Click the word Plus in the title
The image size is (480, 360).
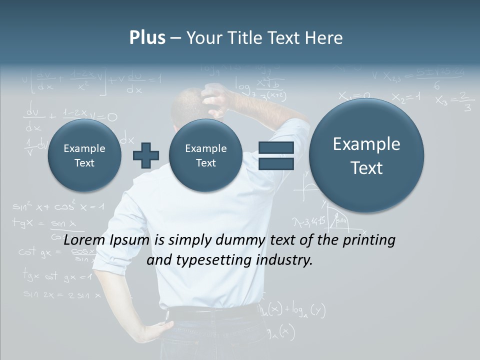[x=147, y=38]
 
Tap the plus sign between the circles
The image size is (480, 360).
[x=145, y=155]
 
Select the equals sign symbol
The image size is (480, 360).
[x=276, y=155]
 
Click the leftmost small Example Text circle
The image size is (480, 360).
[x=84, y=155]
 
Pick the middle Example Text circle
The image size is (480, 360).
[x=205, y=155]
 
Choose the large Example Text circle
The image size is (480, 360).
[x=366, y=155]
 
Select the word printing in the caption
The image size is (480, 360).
[x=368, y=240]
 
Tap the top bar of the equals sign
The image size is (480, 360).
[x=276, y=147]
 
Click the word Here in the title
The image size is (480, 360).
[x=324, y=38]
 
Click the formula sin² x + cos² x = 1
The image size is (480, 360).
[x=58, y=206]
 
